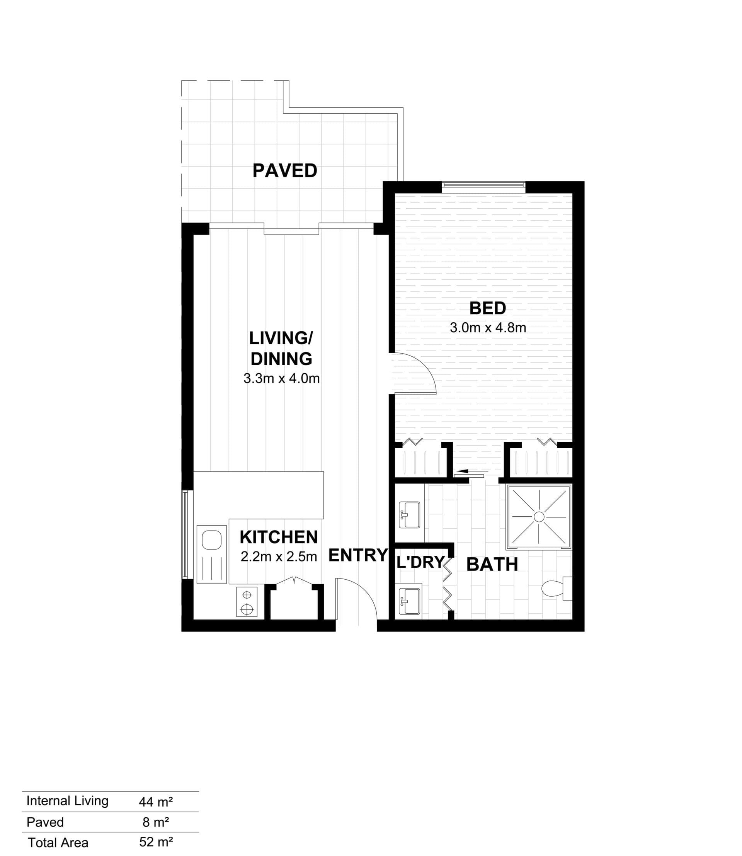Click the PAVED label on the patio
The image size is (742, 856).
click(285, 170)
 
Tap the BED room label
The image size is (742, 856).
click(488, 308)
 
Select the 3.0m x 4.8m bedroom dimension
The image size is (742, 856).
click(488, 328)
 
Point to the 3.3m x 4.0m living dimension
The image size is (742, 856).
click(282, 378)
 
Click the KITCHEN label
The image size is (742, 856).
click(279, 537)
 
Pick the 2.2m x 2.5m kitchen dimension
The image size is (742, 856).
click(279, 556)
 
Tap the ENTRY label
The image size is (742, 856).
click(358, 555)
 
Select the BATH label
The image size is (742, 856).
click(492, 565)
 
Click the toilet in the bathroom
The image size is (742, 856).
click(556, 588)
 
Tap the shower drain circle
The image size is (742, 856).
click(539, 517)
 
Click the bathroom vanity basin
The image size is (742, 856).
click(409, 515)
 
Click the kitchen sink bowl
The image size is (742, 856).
click(212, 540)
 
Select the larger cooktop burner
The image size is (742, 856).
click(247, 609)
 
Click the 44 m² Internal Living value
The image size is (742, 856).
click(156, 802)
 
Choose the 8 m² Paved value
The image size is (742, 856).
click(156, 822)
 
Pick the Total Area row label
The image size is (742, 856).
click(58, 843)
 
